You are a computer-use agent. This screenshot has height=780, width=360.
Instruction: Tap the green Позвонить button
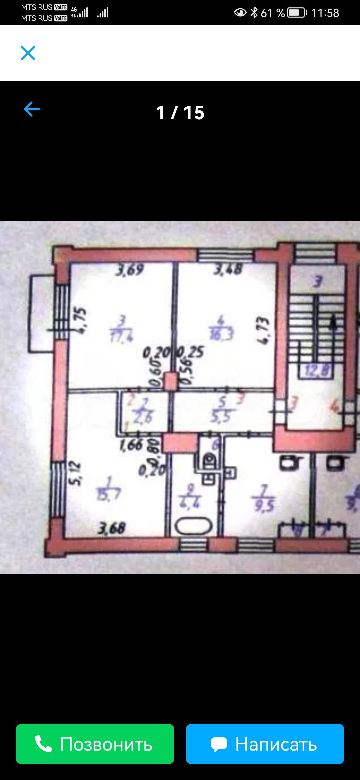[x=95, y=744]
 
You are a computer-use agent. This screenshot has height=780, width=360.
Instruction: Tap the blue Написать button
[x=265, y=744]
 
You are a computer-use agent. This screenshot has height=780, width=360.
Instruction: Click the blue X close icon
[x=28, y=53]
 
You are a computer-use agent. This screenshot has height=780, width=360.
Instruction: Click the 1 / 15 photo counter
[x=180, y=113]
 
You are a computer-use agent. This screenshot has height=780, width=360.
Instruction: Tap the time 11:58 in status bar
[x=325, y=13]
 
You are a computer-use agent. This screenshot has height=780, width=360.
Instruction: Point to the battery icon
[x=297, y=13]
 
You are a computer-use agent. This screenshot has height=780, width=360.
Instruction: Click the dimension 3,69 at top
[x=129, y=270]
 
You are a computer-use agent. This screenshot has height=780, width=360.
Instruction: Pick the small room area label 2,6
[x=143, y=416]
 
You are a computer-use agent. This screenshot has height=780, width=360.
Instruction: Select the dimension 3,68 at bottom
[x=111, y=528]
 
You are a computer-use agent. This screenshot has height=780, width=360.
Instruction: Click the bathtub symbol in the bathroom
[x=194, y=526]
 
